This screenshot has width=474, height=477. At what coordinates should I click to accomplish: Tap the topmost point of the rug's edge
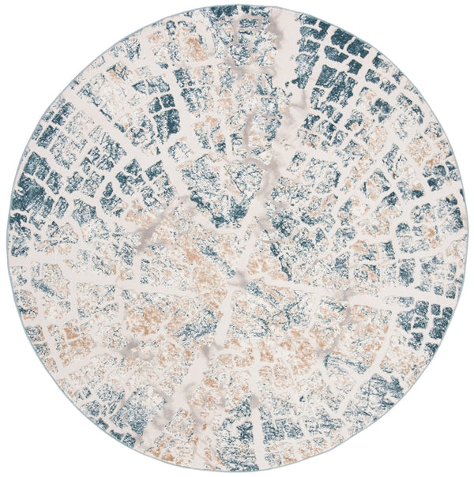(x=237, y=7)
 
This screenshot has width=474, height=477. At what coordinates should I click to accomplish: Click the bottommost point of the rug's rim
(x=237, y=471)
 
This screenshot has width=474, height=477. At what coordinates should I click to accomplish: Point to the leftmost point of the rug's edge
(x=6, y=238)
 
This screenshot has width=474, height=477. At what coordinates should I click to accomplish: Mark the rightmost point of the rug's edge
(x=468, y=238)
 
